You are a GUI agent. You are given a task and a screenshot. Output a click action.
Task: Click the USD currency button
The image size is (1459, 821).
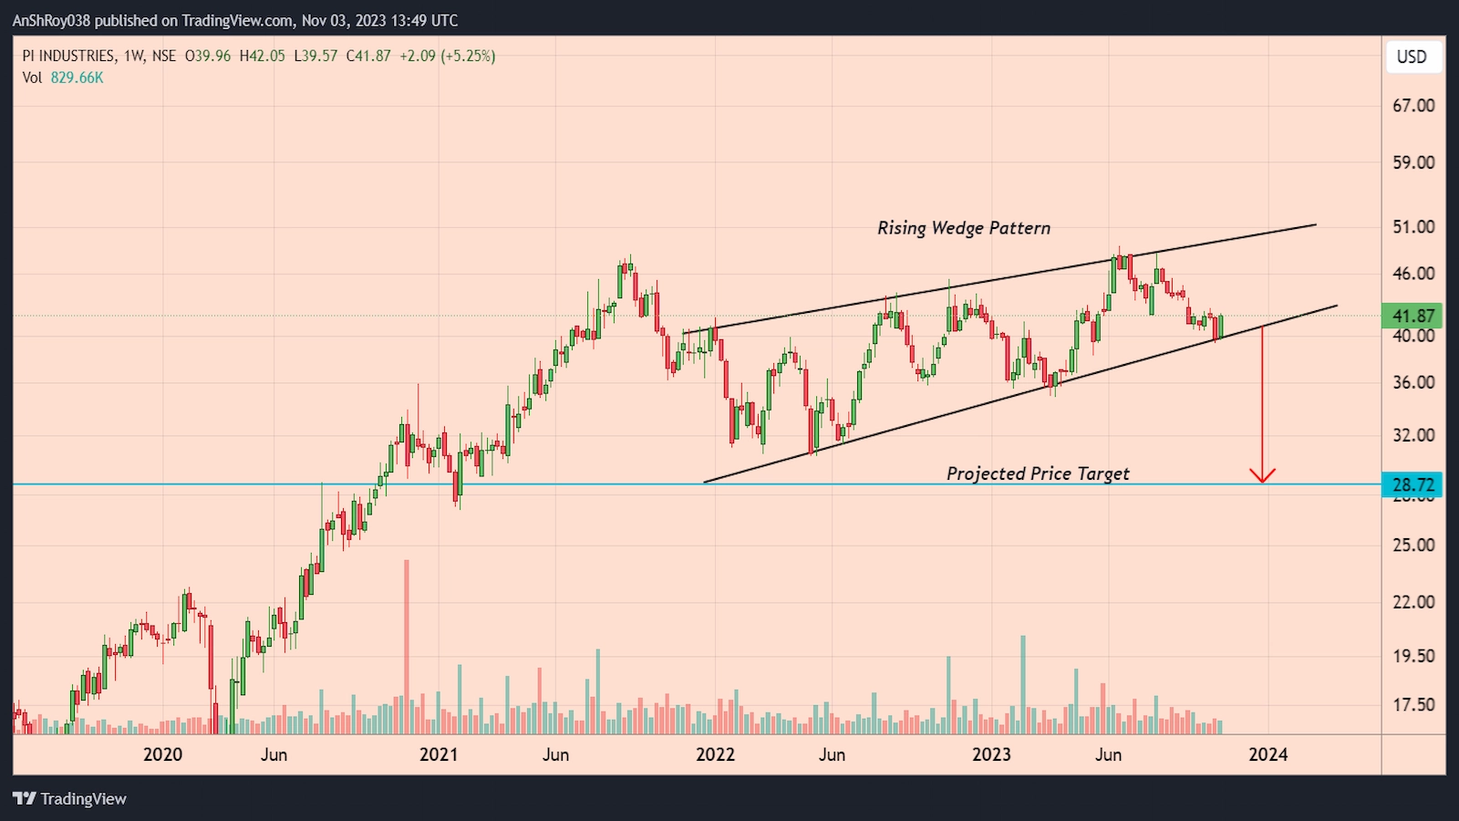point(1412,57)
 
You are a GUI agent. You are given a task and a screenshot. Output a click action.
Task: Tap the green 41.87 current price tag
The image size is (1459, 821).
point(1412,316)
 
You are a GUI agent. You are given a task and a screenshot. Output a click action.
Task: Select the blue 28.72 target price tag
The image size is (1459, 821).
point(1412,484)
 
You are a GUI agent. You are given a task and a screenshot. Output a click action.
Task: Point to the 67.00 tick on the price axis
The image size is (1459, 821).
point(1413,106)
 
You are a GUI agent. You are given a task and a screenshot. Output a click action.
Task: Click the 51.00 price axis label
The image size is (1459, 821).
point(1413,226)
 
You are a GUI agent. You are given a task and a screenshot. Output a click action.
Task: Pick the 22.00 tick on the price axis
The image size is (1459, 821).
point(1413,602)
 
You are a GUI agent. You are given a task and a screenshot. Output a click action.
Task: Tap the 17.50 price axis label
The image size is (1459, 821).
point(1413,704)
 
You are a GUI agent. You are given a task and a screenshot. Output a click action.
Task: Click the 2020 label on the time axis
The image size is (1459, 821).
point(162,754)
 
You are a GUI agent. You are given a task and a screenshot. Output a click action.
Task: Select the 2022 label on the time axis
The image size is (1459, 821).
point(715,754)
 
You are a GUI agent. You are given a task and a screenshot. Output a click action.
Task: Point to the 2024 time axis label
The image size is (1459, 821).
point(1268,754)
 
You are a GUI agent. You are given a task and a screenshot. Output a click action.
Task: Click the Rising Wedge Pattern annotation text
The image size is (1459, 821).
point(964,228)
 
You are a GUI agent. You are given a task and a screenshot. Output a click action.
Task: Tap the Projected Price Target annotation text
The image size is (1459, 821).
point(1038,473)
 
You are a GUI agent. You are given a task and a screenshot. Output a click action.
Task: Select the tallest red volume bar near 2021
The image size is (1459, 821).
point(407,648)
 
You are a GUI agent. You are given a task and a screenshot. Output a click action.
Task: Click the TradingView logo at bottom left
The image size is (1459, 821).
point(70,798)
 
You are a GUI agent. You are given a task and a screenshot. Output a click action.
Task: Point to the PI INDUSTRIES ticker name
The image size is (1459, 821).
point(69,56)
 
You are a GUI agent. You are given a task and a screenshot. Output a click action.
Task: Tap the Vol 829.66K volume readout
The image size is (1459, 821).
point(63,78)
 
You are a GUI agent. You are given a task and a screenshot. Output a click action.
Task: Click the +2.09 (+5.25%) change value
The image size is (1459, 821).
point(447,56)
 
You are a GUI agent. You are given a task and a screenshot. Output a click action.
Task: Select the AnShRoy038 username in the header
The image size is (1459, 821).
point(52,20)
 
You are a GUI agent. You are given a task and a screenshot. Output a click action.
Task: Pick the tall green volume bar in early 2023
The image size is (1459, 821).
point(1023,684)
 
